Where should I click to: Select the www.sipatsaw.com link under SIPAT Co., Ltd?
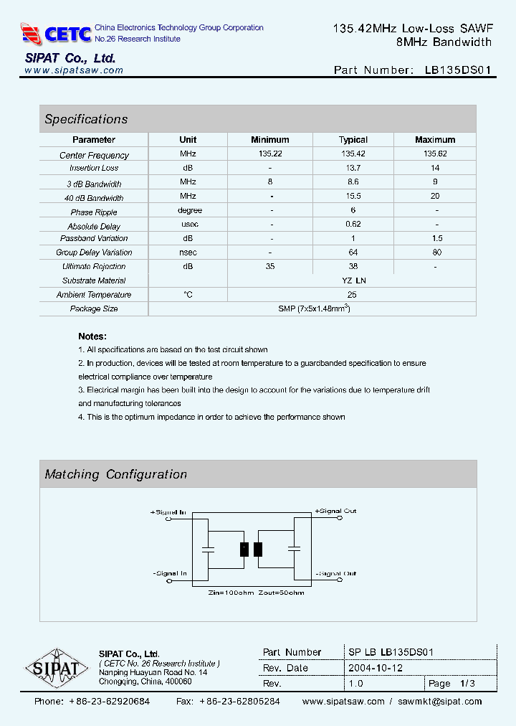[74, 70]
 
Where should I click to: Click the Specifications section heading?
[86, 119]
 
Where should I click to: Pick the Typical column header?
[353, 140]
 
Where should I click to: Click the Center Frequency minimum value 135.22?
[270, 154]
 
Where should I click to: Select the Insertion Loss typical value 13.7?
[353, 168]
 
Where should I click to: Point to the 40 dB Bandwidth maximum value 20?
[435, 196]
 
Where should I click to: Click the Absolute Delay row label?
[94, 226]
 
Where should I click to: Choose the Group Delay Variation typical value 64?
[353, 253]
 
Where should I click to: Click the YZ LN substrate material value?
[353, 280]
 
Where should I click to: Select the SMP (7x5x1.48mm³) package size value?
[313, 308]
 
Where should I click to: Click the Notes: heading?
[92, 336]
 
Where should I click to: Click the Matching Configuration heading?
[115, 474]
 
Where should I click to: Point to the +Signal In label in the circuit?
[168, 512]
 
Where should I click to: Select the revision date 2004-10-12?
[376, 668]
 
